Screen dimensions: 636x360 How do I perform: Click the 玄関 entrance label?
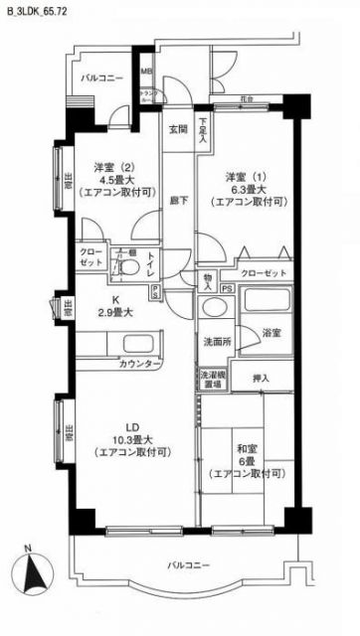tap(178, 130)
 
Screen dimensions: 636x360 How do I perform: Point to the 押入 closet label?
tap(261, 379)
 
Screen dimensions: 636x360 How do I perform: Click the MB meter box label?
tap(146, 73)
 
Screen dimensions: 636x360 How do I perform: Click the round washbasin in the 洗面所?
tap(211, 308)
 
